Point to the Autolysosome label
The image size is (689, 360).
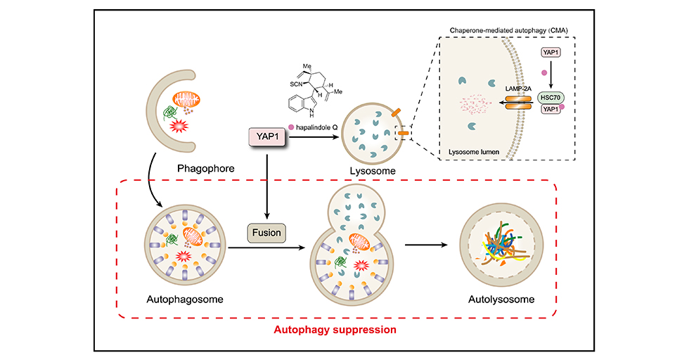point(501,300)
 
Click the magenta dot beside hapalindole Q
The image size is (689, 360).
point(292,126)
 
